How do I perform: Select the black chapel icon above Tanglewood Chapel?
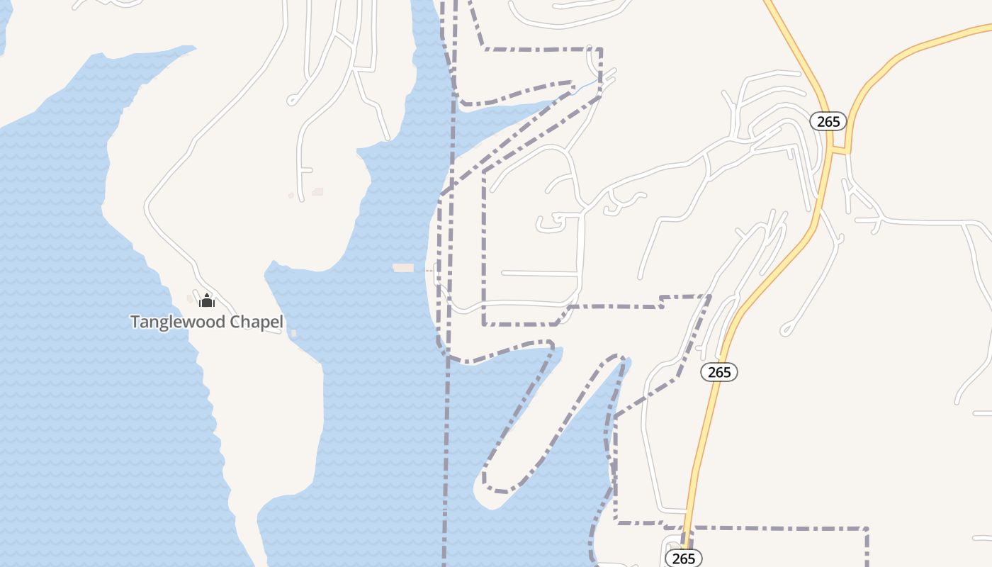pyautogui.click(x=207, y=301)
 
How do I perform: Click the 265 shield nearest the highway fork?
pyautogui.click(x=828, y=121)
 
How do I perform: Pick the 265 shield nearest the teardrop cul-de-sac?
pyautogui.click(x=719, y=372)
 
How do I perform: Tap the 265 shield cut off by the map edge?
pyautogui.click(x=684, y=558)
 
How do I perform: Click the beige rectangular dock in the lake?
pyautogui.click(x=403, y=268)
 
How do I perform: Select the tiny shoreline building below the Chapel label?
pyautogui.click(x=293, y=333)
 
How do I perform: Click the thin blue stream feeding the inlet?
pyautogui.click(x=586, y=86)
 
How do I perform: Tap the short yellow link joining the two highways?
pyautogui.click(x=840, y=150)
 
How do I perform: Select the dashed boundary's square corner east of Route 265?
pyautogui.click(x=867, y=529)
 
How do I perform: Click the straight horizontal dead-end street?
pyautogui.click(x=539, y=273)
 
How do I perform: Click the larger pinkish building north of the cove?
pyautogui.click(x=317, y=191)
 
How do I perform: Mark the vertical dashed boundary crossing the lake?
pyautogui.click(x=446, y=439)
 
